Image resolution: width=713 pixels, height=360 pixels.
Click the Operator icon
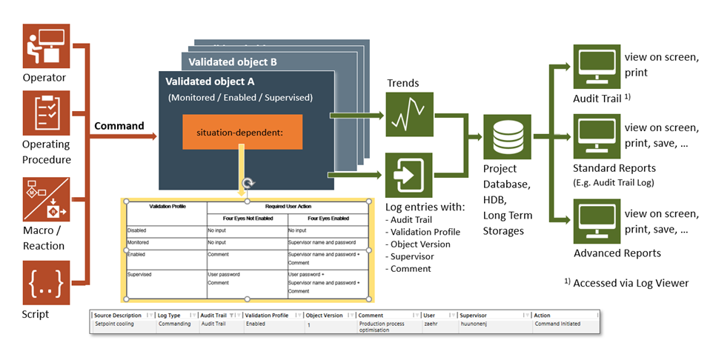[46, 46]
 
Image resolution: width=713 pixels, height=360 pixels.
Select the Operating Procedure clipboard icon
[46, 113]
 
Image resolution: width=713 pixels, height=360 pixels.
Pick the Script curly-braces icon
[46, 283]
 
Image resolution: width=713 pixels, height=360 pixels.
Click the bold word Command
[119, 126]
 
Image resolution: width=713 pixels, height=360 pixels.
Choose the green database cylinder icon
[507, 138]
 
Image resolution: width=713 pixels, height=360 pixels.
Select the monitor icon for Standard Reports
[597, 137]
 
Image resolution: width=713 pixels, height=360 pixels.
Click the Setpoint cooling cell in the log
[114, 324]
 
